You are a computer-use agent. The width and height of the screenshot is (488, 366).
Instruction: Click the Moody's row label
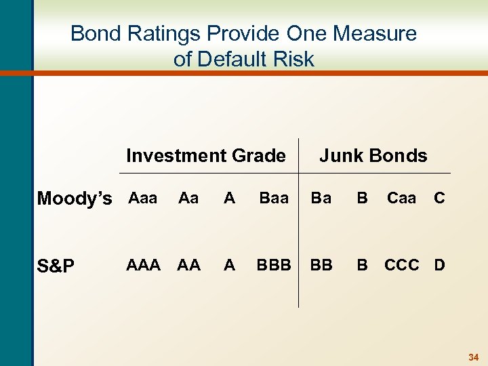[75, 199]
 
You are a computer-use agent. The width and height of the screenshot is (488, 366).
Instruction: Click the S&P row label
[56, 266]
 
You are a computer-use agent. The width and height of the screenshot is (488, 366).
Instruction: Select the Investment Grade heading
[205, 156]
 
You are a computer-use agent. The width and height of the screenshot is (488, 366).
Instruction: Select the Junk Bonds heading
[373, 156]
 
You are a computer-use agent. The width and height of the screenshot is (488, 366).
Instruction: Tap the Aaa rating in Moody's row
[142, 198]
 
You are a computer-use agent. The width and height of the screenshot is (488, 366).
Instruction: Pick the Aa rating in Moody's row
[188, 198]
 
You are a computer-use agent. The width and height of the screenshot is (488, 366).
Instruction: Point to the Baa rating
[273, 198]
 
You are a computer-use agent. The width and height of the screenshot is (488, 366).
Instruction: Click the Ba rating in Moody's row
[321, 198]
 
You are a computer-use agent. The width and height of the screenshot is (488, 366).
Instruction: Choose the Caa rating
[401, 198]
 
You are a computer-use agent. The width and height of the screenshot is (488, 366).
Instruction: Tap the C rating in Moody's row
[439, 198]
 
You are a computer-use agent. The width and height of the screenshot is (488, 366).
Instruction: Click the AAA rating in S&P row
[143, 265]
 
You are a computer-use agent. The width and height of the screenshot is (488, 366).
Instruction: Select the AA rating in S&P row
[188, 265]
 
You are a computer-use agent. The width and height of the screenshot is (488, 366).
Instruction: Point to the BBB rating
[273, 265]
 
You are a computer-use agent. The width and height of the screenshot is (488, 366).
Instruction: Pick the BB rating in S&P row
[321, 265]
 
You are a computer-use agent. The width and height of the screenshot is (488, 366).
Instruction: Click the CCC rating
[402, 265]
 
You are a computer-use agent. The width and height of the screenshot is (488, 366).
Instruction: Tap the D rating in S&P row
[439, 265]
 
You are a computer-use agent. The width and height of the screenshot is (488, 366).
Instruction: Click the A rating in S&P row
[230, 265]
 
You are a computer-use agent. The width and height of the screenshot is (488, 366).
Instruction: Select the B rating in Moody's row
[363, 198]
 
